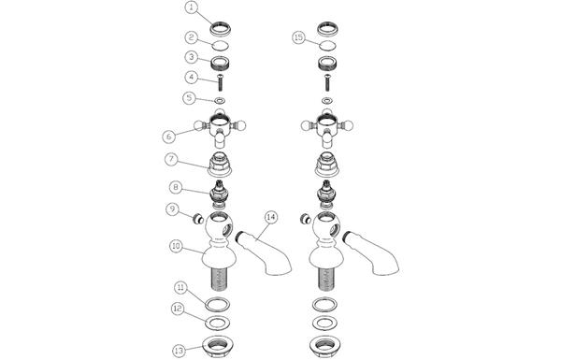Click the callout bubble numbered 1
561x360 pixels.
[192, 7]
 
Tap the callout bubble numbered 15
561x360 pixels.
[299, 37]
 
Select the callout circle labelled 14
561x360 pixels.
[271, 217]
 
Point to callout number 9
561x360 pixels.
[172, 209]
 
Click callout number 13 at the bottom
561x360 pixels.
[180, 351]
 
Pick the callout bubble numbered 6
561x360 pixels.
[169, 137]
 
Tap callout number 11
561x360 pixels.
[181, 288]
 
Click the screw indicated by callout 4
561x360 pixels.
[221, 82]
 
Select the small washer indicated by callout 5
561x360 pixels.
[220, 101]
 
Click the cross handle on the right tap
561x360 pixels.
[327, 128]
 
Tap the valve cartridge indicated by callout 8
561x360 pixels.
[220, 195]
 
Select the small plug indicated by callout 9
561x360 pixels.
[197, 218]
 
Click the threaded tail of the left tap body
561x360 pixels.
[220, 278]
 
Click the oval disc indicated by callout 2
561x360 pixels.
[220, 46]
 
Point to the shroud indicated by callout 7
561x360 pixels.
[220, 165]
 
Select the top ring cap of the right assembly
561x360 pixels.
[328, 29]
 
